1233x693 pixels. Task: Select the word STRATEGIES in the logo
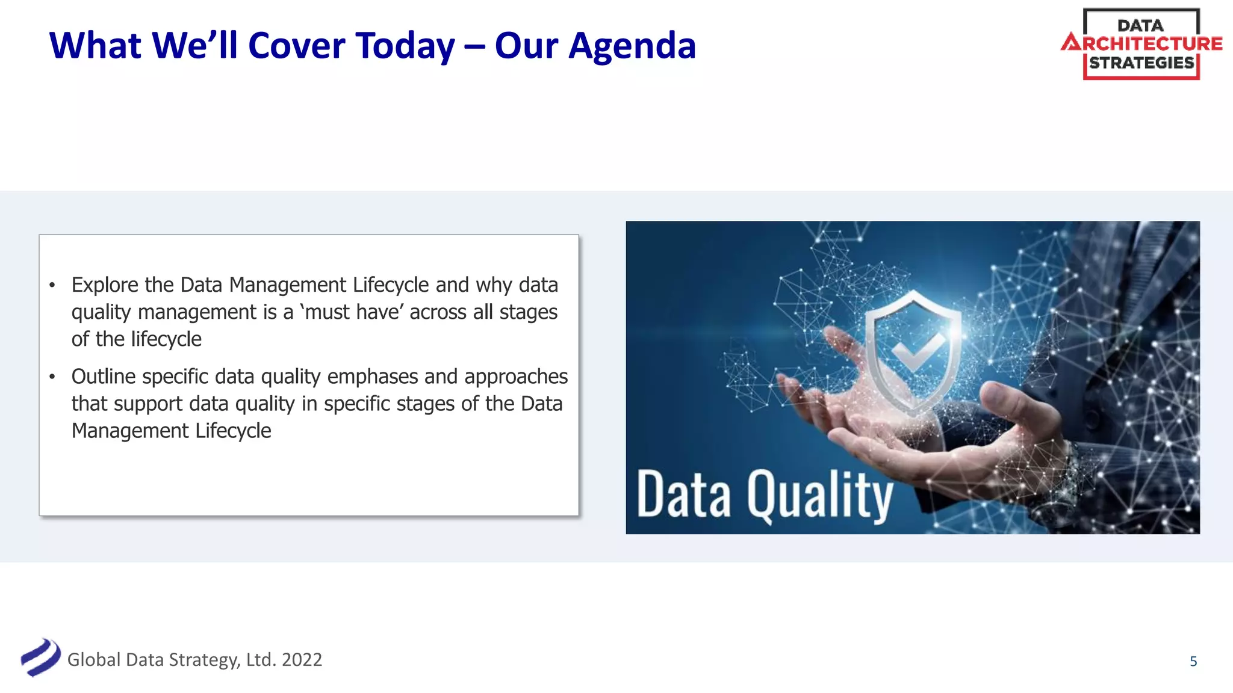click(x=1141, y=63)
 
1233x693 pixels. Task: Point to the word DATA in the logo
click(x=1140, y=26)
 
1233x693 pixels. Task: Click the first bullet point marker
click(x=52, y=285)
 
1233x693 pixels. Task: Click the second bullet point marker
click(x=52, y=377)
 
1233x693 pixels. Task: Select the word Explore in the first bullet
click(x=105, y=285)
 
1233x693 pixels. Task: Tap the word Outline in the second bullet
click(x=103, y=377)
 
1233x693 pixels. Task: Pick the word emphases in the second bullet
click(x=372, y=377)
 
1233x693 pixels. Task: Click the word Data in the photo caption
click(x=684, y=494)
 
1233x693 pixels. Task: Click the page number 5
click(x=1193, y=662)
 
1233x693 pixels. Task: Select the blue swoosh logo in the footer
click(x=40, y=658)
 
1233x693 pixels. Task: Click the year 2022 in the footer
click(x=302, y=660)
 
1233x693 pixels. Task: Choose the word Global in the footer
click(x=94, y=660)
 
